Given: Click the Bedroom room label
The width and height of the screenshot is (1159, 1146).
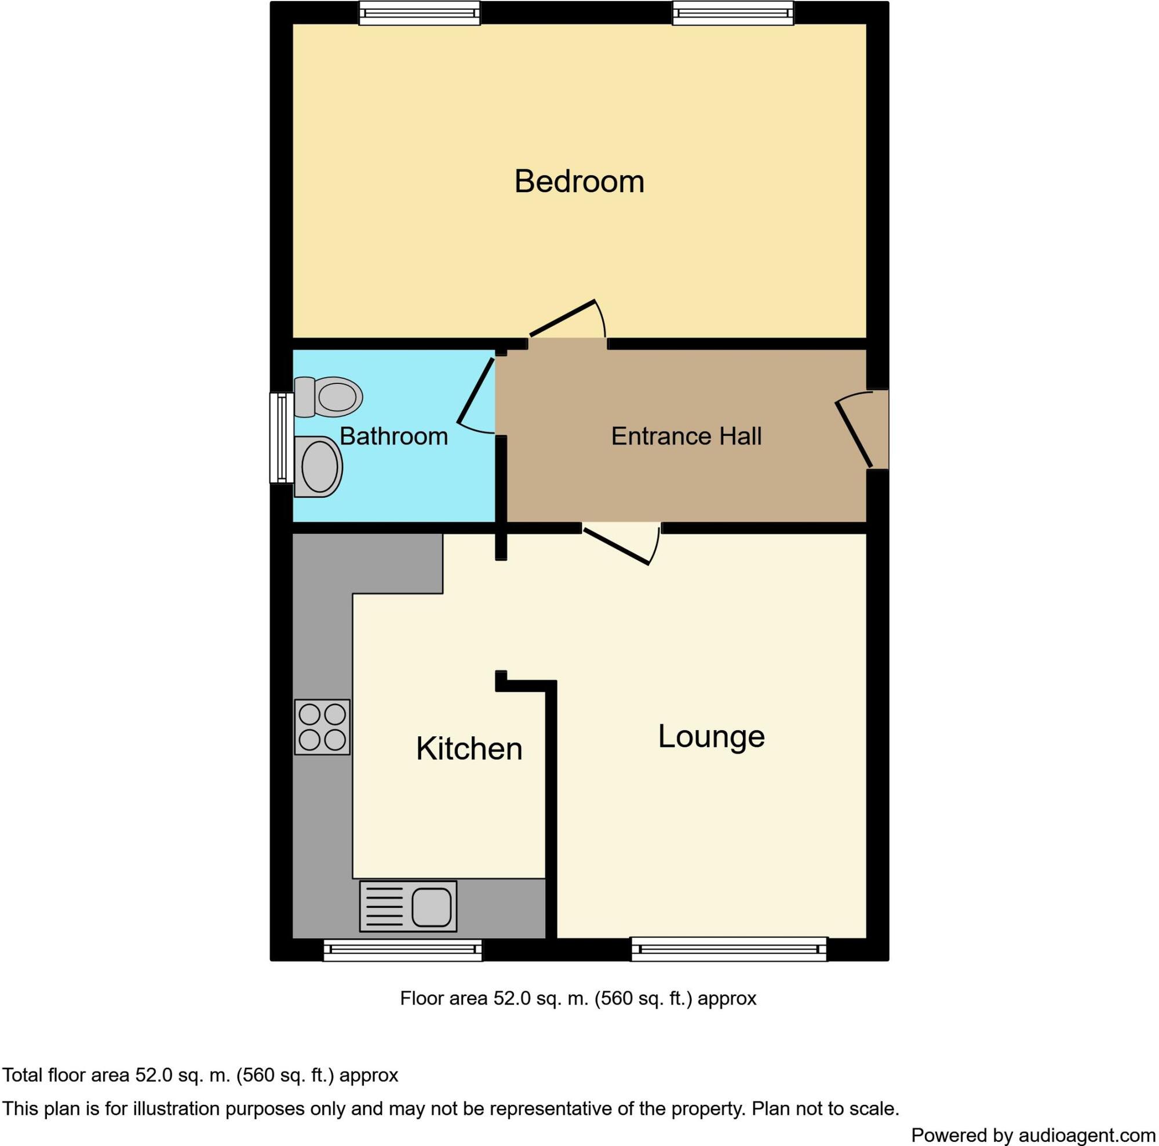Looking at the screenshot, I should (x=579, y=181).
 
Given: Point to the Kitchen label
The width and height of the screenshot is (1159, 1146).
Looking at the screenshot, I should (x=469, y=749).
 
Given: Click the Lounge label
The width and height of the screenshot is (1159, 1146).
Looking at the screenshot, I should (x=711, y=736).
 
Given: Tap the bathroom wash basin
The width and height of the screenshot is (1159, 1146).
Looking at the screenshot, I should (x=320, y=467).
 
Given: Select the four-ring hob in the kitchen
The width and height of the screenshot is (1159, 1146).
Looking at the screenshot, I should (x=322, y=727).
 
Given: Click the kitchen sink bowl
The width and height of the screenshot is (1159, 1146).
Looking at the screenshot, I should (x=431, y=907).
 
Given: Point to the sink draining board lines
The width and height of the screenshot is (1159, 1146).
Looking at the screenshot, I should (x=382, y=907).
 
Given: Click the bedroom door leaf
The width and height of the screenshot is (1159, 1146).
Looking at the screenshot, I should (x=562, y=318).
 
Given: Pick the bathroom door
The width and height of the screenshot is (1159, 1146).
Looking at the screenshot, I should (x=476, y=391).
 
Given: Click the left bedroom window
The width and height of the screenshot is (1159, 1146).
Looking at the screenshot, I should (x=420, y=13).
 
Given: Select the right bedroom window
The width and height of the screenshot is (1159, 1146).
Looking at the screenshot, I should (x=732, y=13).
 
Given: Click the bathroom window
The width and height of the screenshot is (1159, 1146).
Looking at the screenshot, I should (x=280, y=437).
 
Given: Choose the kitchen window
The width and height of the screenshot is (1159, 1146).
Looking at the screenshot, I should (x=403, y=950).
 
